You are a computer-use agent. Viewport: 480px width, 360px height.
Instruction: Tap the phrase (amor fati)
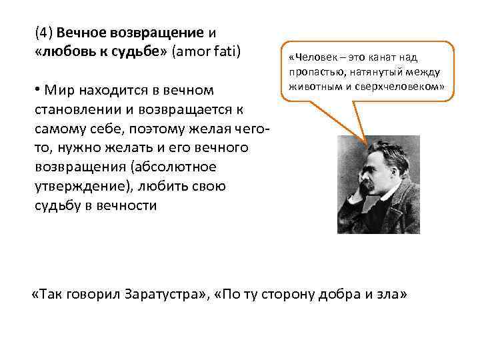coord(209,50)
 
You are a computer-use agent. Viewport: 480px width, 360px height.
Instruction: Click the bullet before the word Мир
coord(37,89)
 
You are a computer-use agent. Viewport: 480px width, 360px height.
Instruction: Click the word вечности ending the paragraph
coord(127,205)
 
